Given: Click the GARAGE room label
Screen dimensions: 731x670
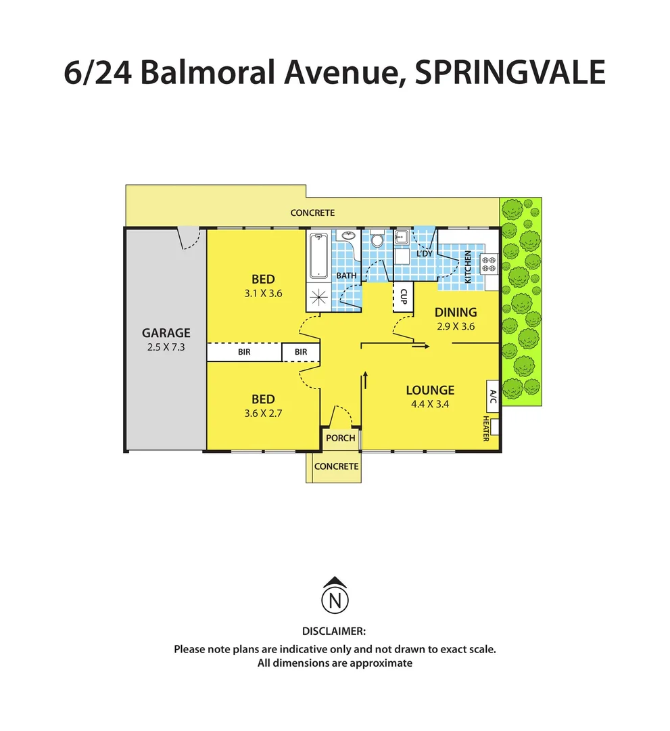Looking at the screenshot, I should coord(166,333).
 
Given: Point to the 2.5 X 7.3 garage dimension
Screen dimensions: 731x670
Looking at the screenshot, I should coord(166,347).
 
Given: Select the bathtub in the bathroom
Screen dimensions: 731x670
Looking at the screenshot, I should coord(318,255).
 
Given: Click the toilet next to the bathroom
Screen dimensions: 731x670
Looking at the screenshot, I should coord(377,240).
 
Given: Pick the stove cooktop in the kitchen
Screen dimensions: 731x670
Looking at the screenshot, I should coord(488,263).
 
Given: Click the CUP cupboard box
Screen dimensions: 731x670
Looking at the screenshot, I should coord(403,296).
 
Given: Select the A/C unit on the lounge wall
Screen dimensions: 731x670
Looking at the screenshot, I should coord(492,398).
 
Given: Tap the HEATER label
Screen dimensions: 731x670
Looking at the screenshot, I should coord(486,428).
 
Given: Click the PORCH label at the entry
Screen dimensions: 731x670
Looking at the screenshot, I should coord(340,438).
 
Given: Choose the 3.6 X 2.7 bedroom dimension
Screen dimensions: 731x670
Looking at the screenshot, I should coord(263,413).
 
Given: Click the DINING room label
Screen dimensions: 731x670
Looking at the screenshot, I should coord(456,313).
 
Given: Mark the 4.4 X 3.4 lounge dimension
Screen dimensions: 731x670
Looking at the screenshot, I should coord(430,404).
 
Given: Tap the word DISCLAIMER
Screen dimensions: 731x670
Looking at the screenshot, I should coord(334,631).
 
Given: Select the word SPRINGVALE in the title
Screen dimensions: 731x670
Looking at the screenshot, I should coord(510,73).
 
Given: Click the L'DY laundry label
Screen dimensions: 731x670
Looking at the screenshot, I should coord(424,253).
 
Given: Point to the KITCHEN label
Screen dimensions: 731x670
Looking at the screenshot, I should coord(467,267).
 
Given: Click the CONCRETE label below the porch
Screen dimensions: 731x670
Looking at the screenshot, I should coord(336,466).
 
